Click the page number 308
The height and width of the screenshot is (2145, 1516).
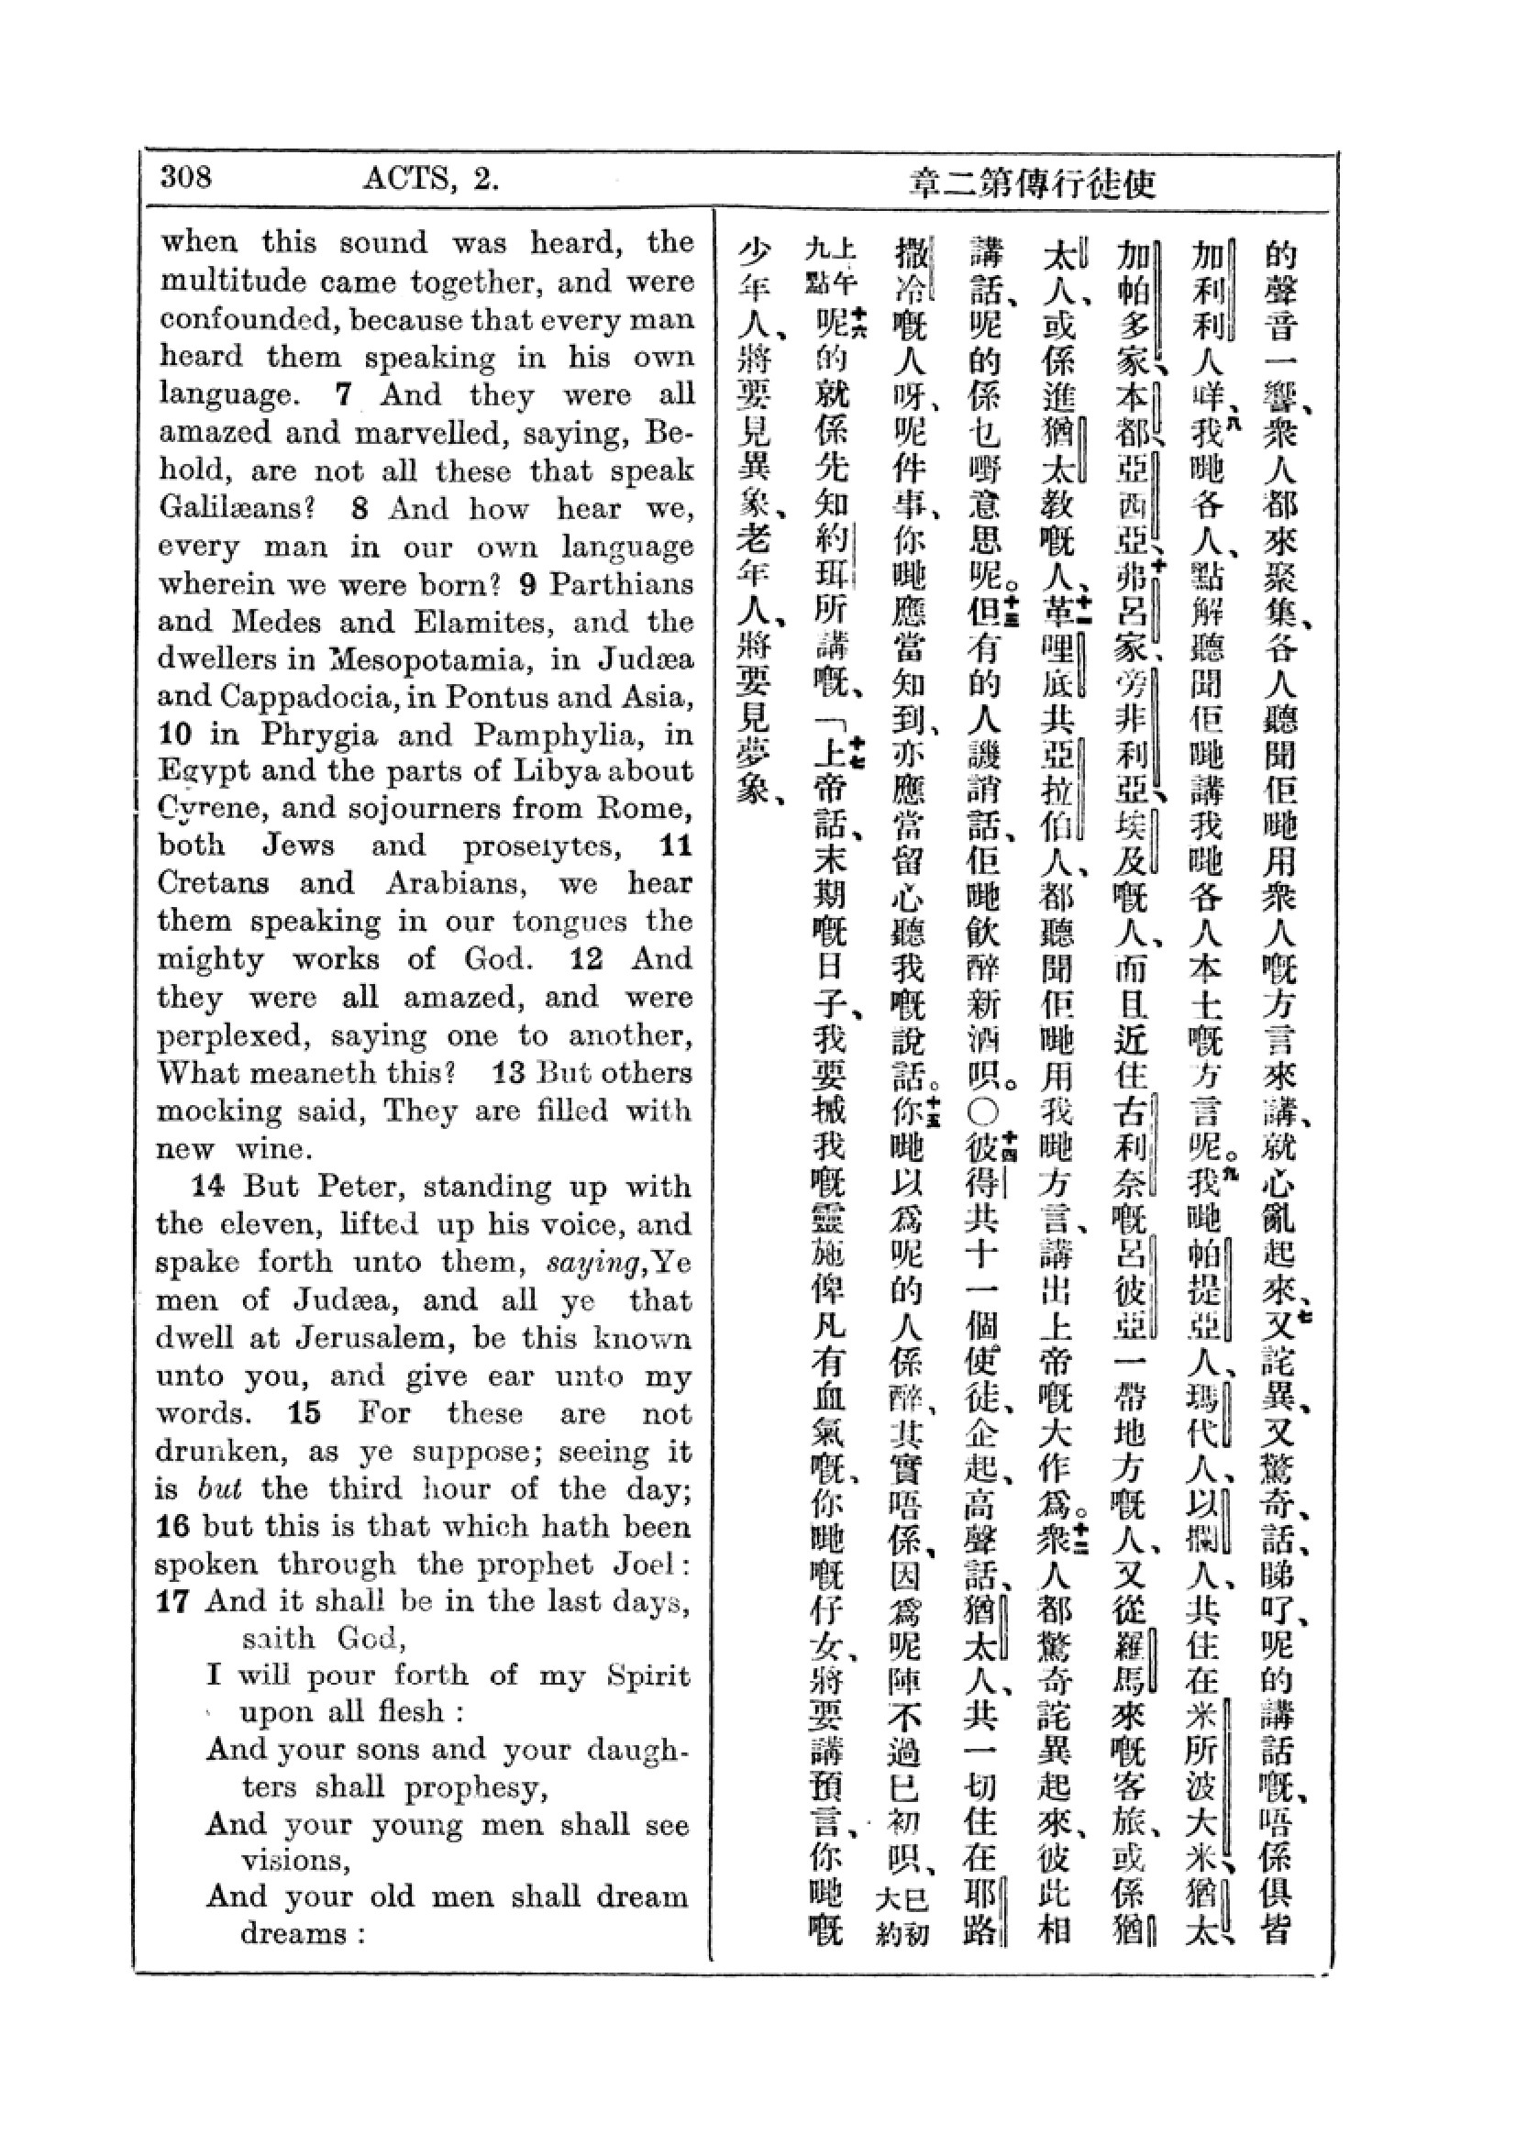(186, 177)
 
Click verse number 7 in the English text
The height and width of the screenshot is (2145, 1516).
(343, 394)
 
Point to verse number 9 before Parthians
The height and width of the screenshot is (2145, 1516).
(527, 584)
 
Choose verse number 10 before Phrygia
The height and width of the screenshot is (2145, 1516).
(174, 735)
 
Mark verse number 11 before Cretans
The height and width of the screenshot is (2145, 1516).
(675, 846)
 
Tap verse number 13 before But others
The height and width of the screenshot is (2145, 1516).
(509, 1073)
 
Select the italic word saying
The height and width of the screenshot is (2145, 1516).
(597, 1263)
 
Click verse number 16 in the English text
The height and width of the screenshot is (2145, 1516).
(173, 1527)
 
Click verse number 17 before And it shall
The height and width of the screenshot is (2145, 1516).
(173, 1602)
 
